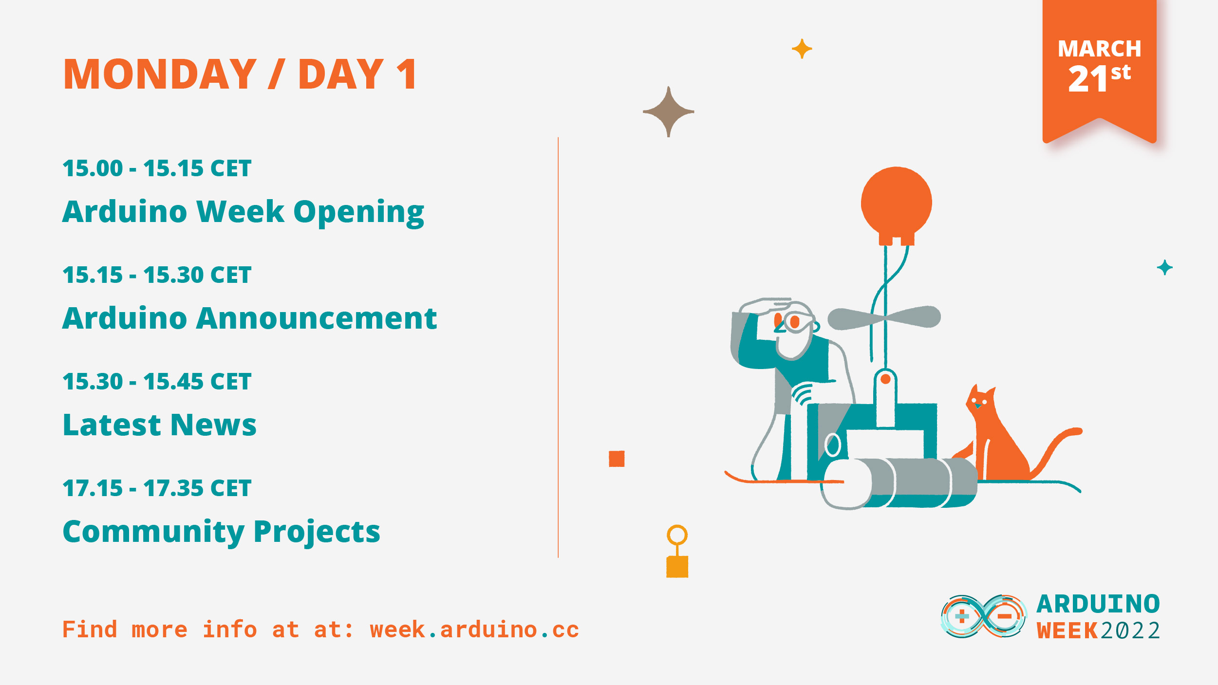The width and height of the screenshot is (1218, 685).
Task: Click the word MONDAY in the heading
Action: tap(160, 74)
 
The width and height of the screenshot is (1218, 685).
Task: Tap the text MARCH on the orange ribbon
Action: tap(1099, 49)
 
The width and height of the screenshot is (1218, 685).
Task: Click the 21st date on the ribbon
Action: tap(1099, 78)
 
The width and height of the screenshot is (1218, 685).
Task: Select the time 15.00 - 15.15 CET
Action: tap(157, 168)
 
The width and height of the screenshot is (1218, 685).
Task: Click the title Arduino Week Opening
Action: tap(243, 212)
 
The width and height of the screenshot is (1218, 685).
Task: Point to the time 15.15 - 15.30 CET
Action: tap(157, 275)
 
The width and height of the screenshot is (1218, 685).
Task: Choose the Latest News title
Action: tap(159, 425)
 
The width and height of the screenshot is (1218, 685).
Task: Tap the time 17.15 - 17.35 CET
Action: tap(157, 488)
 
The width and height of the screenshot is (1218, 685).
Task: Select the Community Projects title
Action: tap(221, 531)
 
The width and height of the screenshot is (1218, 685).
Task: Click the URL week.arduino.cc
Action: tap(474, 629)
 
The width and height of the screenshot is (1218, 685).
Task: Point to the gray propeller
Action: tap(884, 318)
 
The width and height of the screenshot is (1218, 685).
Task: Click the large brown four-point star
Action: tap(668, 112)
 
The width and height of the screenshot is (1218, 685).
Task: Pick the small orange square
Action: tap(617, 459)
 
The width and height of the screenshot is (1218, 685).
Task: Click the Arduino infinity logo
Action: tap(983, 616)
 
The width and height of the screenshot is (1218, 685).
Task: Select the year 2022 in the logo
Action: tap(1130, 631)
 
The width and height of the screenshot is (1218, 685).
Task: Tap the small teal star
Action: tap(1164, 267)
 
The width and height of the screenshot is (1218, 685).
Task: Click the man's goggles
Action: tap(794, 321)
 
